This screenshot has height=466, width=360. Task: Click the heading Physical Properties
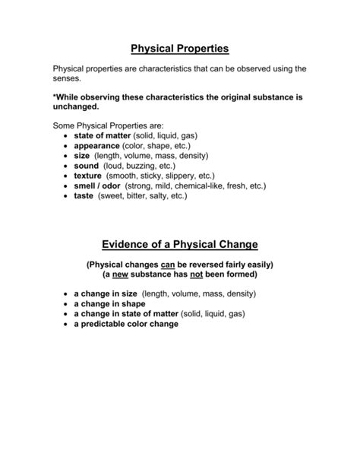pyautogui.click(x=180, y=49)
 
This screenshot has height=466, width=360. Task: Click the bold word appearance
pyautogui.click(x=97, y=145)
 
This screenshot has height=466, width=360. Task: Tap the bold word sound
pyautogui.click(x=87, y=165)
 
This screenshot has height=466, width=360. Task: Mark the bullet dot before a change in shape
pyautogui.click(x=65, y=303)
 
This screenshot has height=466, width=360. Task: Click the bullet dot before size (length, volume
pyautogui.click(x=65, y=155)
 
